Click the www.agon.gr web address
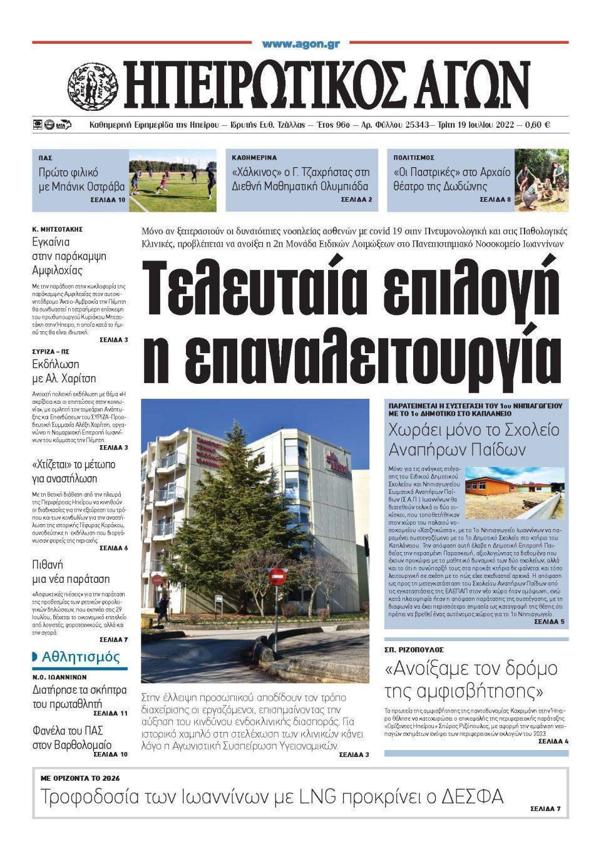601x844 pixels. click(300, 44)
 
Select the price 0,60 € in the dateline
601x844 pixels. click(537, 125)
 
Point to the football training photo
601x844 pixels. click(173, 180)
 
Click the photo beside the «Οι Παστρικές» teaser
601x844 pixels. click(542, 180)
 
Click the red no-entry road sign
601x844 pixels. click(277, 575)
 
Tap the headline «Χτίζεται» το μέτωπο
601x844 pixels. click(74, 471)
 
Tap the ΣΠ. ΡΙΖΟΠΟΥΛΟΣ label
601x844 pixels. click(414, 651)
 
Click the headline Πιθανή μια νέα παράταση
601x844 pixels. click(71, 572)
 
